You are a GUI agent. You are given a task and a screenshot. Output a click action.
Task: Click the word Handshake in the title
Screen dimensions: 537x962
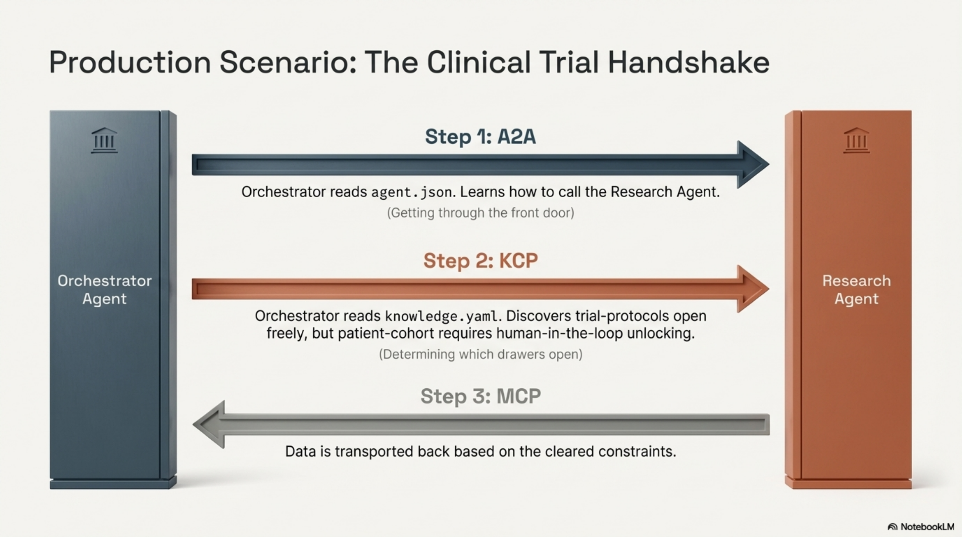pos(688,62)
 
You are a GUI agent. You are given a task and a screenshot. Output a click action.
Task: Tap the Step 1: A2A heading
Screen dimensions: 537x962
pos(480,137)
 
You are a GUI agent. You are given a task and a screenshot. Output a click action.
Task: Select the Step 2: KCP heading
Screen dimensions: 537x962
pos(480,261)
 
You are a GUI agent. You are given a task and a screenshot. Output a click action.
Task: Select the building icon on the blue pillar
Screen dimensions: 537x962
pos(105,140)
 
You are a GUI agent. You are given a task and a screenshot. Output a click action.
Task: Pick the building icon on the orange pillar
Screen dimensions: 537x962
pos(856,140)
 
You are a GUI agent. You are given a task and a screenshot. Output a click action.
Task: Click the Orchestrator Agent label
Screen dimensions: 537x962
pos(105,290)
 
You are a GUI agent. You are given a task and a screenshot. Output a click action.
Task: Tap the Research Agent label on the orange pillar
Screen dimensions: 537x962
pos(856,290)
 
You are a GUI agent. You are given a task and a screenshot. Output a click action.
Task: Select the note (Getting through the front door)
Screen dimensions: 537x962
pos(480,213)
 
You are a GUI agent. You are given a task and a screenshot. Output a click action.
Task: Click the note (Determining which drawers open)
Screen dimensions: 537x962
pos(480,354)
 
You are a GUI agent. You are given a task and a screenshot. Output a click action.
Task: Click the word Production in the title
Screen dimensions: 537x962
pos(130,62)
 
